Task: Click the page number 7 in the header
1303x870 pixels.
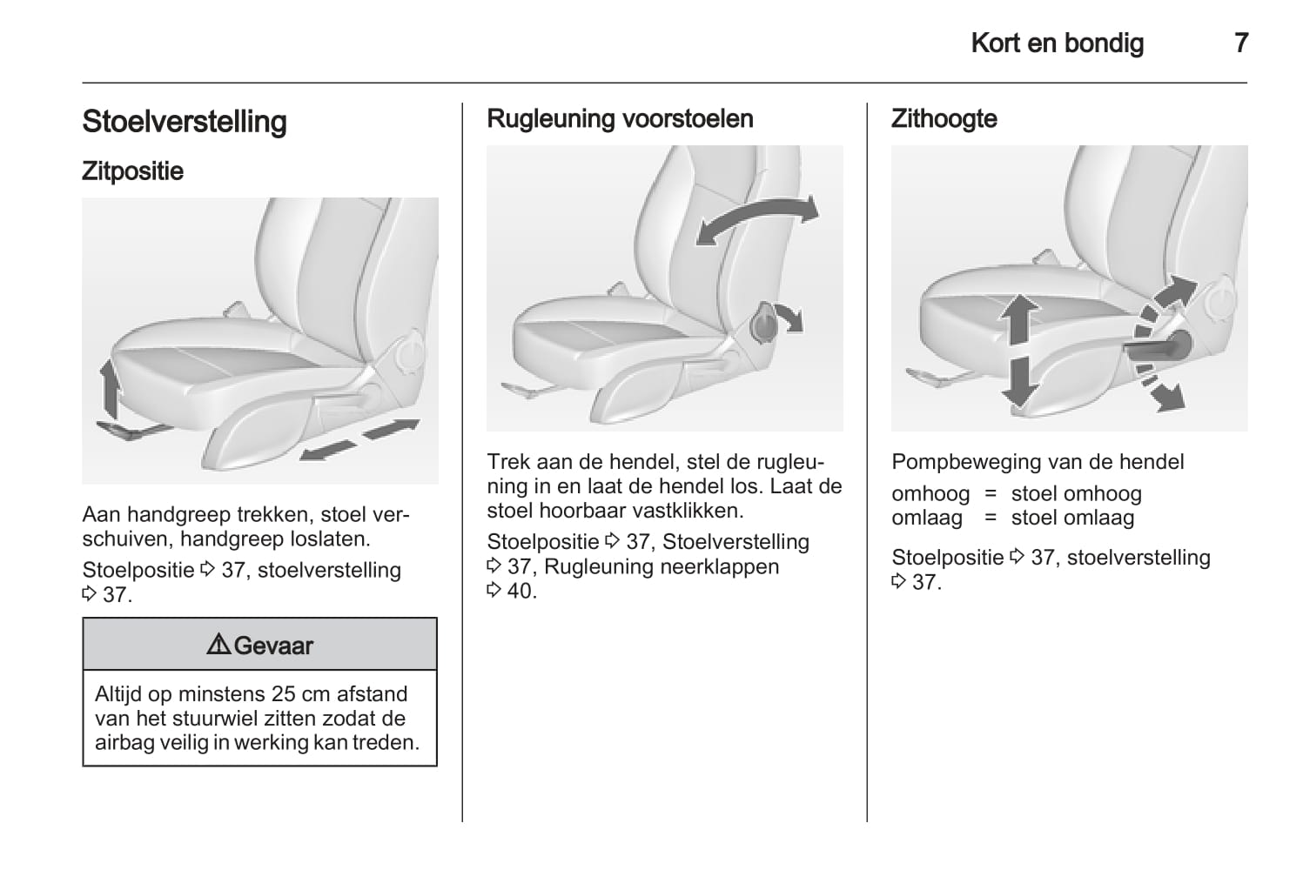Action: pos(1240,43)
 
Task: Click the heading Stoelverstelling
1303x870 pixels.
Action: pos(185,122)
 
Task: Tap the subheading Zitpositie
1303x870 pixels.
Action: pos(132,171)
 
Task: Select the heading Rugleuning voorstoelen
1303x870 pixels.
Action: pos(620,118)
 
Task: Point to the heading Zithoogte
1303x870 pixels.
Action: pos(944,118)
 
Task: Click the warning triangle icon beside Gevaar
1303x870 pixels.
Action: pos(218,645)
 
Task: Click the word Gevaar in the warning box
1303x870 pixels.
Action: pos(273,646)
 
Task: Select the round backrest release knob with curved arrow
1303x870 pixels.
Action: pos(763,323)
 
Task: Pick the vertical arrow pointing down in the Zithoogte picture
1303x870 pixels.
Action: pos(1019,381)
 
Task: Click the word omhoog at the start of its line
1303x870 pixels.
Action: pos(930,494)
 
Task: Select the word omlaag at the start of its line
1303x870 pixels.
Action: pos(927,518)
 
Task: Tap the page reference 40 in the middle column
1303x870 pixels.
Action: pos(519,591)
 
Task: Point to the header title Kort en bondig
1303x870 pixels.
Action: pos(1058,43)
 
